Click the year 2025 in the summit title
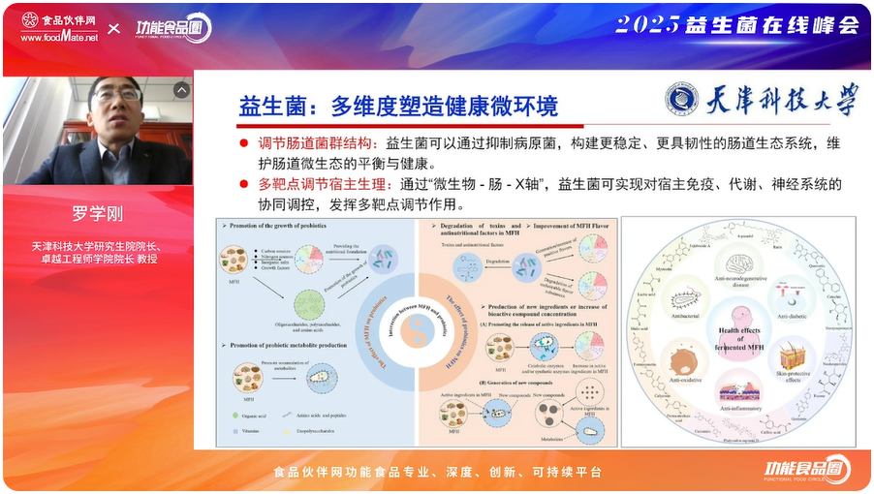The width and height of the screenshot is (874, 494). click(647, 25)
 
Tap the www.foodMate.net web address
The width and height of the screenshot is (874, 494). click(59, 38)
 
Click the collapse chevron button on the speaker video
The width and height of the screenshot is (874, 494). click(181, 90)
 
